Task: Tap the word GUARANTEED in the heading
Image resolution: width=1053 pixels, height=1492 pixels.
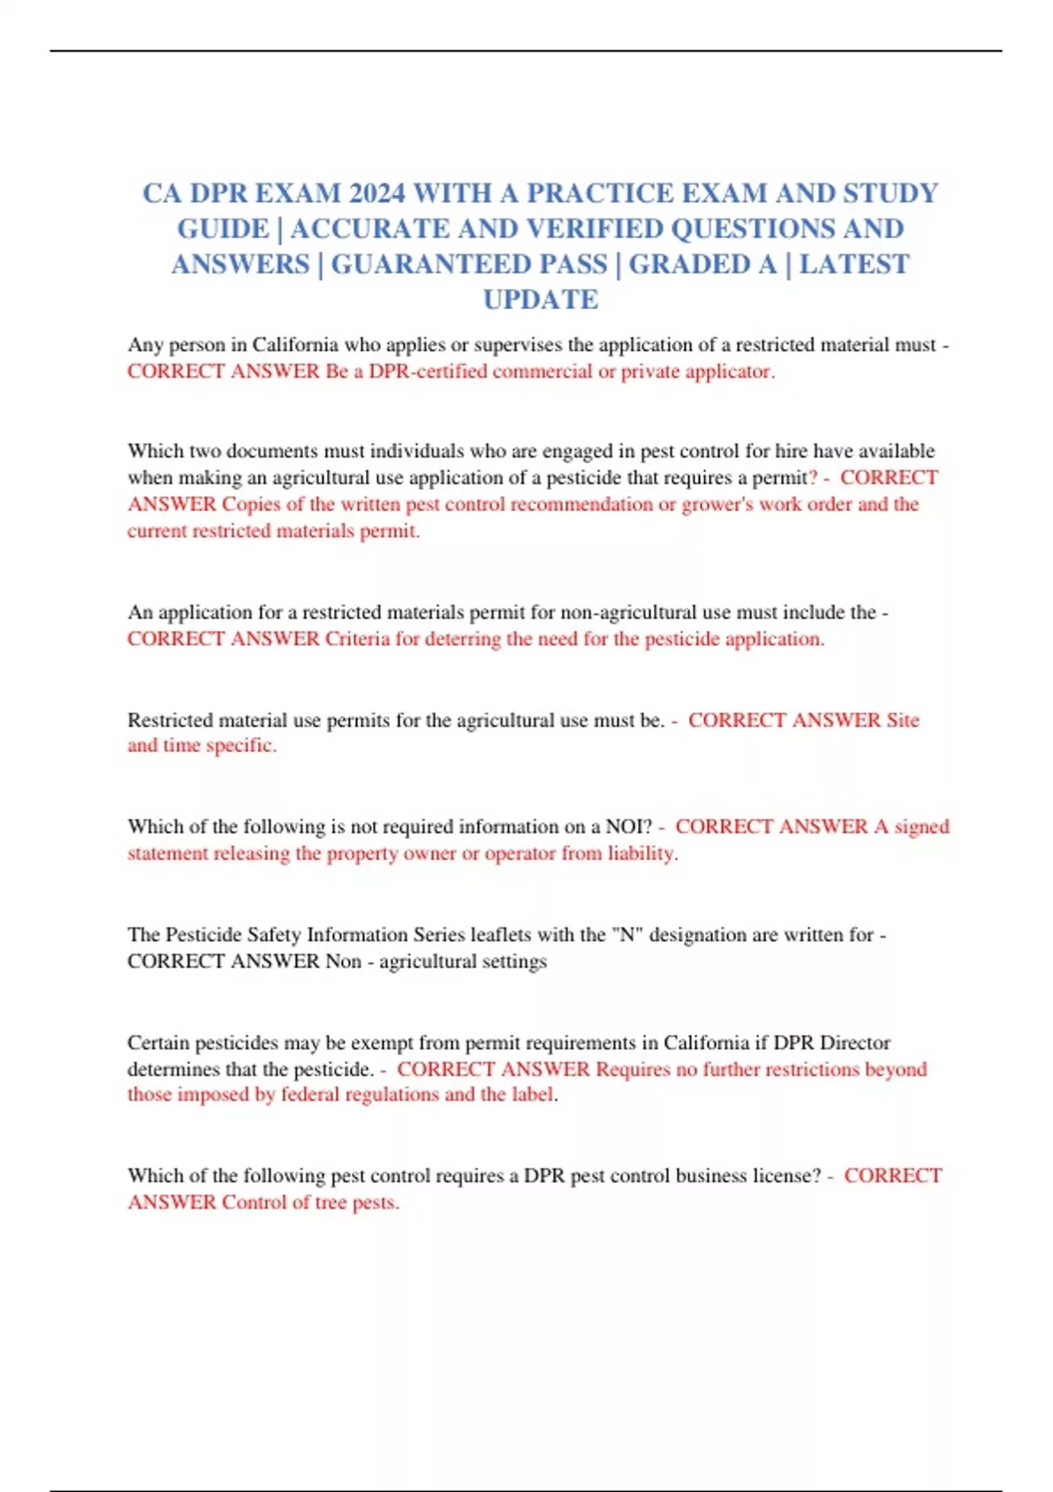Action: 469,264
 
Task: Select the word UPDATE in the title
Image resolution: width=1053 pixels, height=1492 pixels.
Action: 541,299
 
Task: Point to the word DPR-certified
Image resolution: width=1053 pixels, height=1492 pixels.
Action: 427,371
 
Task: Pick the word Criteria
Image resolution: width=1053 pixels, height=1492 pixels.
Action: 357,639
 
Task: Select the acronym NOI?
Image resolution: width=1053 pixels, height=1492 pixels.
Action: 629,827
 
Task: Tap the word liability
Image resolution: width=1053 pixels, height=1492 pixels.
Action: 641,853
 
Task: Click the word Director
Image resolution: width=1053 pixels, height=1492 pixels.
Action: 855,1043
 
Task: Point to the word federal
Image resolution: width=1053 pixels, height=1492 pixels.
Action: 312,1095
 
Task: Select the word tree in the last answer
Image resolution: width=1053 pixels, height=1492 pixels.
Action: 328,1202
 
